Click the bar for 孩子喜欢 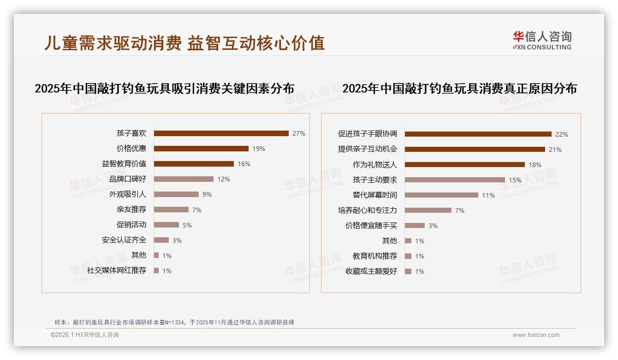tap(221, 133)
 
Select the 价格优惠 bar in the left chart tap(201, 149)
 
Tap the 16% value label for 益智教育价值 tap(244, 164)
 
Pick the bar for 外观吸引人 tap(176, 194)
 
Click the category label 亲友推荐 tap(131, 210)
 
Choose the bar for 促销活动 tap(166, 225)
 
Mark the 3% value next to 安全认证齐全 tap(177, 240)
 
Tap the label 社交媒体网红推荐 tap(117, 270)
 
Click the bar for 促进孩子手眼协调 tap(478, 134)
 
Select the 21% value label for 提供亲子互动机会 tap(555, 150)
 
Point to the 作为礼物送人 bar tap(464, 164)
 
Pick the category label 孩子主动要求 tap(375, 180)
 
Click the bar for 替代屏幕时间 tap(441, 195)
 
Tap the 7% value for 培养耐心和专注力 tap(460, 210)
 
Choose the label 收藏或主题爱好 tap(371, 271)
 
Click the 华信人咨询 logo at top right tap(542, 40)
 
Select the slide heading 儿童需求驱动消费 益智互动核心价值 tap(184, 43)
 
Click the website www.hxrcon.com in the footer tap(536, 335)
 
